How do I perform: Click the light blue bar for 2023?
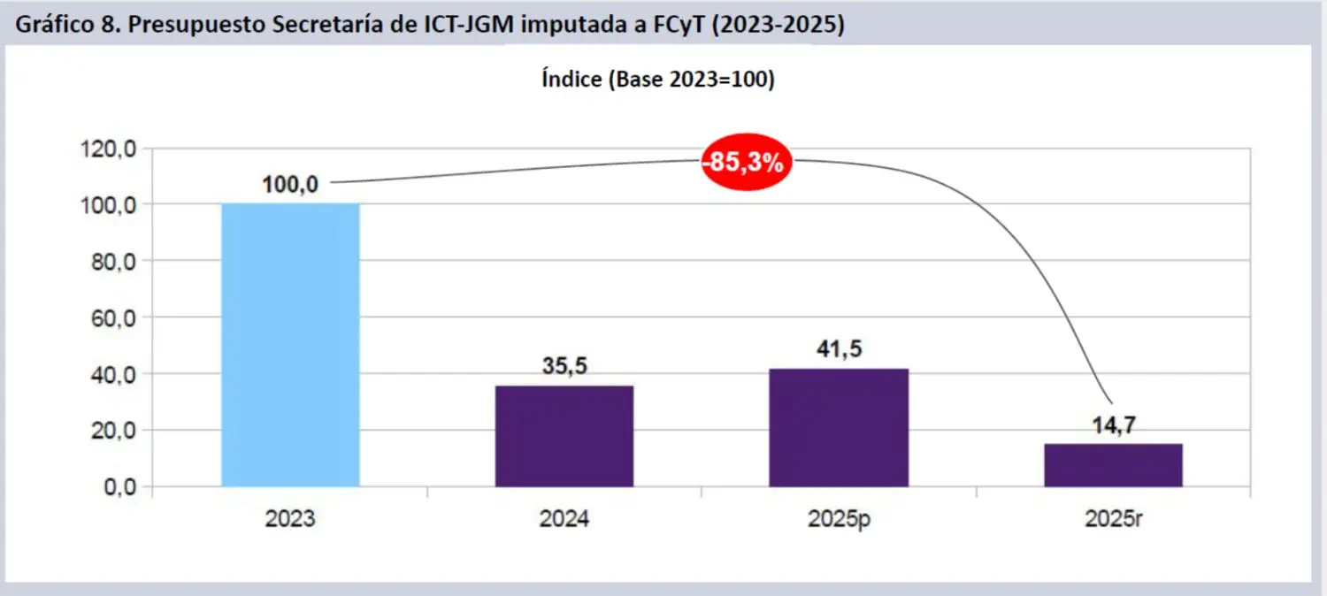point(290,345)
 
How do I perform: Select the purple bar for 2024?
point(564,436)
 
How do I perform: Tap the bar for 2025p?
point(839,427)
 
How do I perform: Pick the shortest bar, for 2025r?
point(1113,465)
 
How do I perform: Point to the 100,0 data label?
point(290,186)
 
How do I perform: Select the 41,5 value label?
point(839,350)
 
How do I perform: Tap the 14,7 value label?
point(1113,425)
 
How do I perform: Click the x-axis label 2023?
point(290,519)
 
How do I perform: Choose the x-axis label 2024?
point(564,519)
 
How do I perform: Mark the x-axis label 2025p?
point(839,519)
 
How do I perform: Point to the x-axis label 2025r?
point(1113,519)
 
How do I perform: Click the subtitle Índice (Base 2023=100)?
point(657,80)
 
